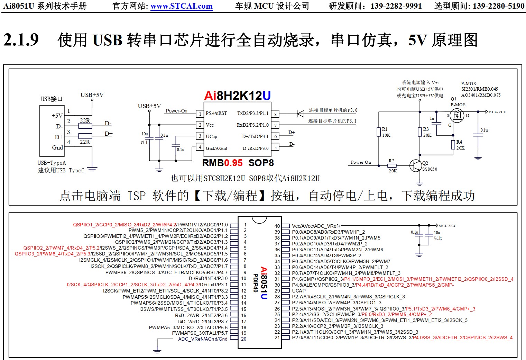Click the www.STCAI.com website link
[x=181, y=6]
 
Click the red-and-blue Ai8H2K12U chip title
[x=237, y=96]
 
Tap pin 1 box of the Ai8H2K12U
[x=200, y=114]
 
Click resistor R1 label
[x=385, y=129]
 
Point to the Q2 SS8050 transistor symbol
[x=415, y=165]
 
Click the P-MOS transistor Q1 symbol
[x=457, y=116]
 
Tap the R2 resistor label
[x=391, y=161]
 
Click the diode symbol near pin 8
[x=300, y=114]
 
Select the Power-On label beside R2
[x=361, y=162]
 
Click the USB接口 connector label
[x=52, y=99]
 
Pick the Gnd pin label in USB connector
[x=57, y=147]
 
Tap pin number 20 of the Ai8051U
[x=244, y=339]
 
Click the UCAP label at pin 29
[x=299, y=291]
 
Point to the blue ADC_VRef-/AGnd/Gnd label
[x=203, y=339]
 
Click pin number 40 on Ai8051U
[x=277, y=226]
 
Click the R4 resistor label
[x=459, y=142]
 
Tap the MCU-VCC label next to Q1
[x=497, y=112]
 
